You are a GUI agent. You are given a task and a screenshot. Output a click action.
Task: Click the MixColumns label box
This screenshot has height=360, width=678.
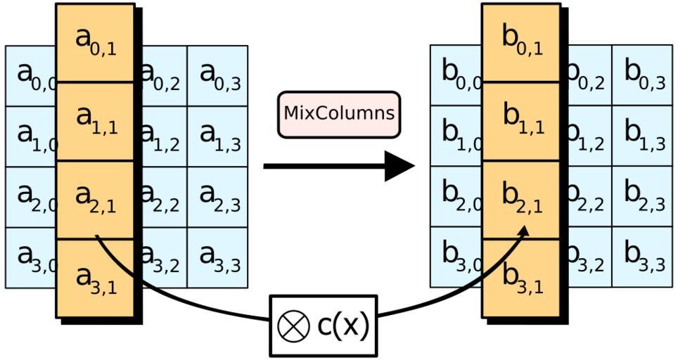pyautogui.click(x=338, y=114)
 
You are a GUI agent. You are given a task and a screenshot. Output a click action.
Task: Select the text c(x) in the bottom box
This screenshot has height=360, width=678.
pyautogui.click(x=343, y=326)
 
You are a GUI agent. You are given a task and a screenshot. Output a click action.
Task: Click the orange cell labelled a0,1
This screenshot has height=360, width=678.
pyautogui.click(x=95, y=42)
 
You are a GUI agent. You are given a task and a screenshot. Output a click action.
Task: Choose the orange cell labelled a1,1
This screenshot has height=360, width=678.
pyautogui.click(x=95, y=122)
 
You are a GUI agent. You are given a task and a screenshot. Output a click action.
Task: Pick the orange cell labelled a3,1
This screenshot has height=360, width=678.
pyautogui.click(x=95, y=280)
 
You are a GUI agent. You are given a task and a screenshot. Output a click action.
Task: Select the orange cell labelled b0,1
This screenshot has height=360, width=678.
pyautogui.click(x=521, y=42)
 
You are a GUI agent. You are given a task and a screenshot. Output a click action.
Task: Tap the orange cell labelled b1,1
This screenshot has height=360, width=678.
pyautogui.click(x=521, y=122)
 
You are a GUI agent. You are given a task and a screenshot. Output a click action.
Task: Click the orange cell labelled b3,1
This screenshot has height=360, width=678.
pyautogui.click(x=521, y=280)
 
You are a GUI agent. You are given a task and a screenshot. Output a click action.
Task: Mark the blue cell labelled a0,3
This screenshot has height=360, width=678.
pyautogui.click(x=217, y=76)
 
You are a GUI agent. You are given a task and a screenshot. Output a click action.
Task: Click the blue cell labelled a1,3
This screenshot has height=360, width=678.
pyautogui.click(x=217, y=136)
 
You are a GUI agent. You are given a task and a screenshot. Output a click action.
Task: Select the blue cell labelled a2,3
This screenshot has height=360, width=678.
pyautogui.click(x=217, y=197)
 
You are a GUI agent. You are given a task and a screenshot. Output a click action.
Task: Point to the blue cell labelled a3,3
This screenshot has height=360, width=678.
pyautogui.click(x=217, y=257)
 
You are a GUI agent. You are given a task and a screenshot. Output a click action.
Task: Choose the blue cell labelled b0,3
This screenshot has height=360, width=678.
pyautogui.click(x=641, y=76)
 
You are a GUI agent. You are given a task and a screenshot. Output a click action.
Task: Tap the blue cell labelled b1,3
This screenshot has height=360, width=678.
pyautogui.click(x=641, y=136)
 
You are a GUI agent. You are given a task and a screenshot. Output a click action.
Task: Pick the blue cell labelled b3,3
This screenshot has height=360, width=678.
pyautogui.click(x=641, y=257)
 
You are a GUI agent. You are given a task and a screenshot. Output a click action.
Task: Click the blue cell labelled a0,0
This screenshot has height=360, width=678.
pyautogui.click(x=32, y=76)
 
